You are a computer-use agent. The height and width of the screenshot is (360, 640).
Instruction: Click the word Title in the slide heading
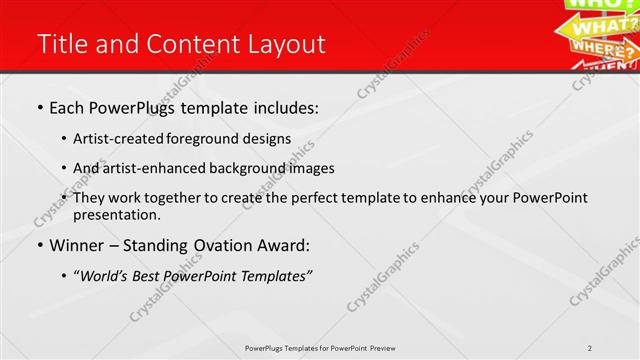(61, 44)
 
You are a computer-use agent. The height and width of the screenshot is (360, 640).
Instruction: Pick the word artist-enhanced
(155, 168)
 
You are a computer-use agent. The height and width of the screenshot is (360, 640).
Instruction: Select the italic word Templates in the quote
(273, 276)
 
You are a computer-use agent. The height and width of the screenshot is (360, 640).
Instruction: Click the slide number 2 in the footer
(591, 348)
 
